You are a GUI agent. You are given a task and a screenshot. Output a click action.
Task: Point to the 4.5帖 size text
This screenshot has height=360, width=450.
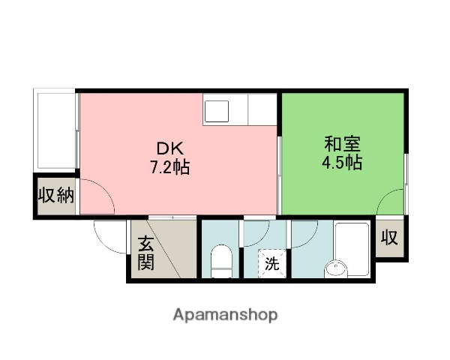(343, 162)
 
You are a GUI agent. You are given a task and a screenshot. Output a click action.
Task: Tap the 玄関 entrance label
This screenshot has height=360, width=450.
(145, 253)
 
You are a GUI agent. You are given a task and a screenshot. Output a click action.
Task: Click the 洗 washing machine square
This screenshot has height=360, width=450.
(272, 263)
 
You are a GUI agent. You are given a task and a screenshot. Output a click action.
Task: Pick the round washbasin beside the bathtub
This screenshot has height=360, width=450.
(336, 268)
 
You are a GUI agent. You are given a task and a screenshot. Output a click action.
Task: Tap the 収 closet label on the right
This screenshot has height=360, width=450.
(388, 238)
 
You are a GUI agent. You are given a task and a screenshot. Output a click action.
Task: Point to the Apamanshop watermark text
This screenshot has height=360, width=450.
(225, 315)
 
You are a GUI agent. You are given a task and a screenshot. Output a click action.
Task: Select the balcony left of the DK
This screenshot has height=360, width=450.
(55, 130)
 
